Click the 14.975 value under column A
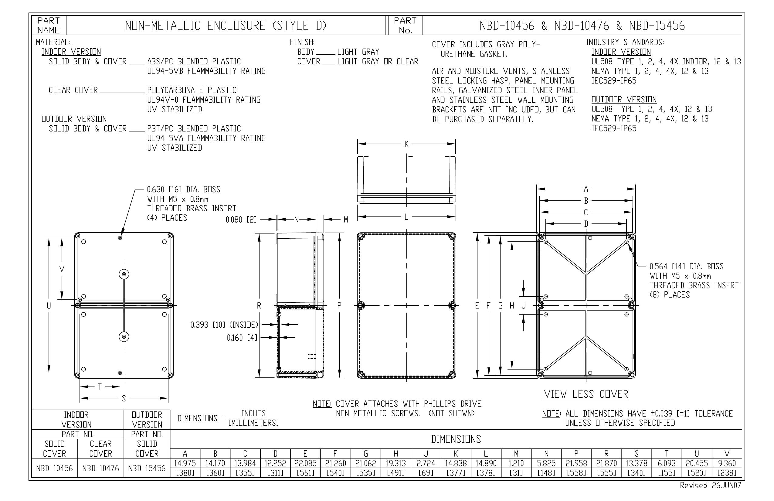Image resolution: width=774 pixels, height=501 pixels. [185, 463]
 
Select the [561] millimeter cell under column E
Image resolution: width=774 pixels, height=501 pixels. [305, 473]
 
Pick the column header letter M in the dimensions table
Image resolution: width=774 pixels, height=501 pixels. [516, 454]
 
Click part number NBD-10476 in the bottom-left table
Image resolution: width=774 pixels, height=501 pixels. [100, 469]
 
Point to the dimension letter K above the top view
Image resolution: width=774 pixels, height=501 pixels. [406, 144]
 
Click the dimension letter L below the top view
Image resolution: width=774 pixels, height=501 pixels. [406, 217]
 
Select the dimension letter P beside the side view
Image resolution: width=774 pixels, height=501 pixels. [339, 305]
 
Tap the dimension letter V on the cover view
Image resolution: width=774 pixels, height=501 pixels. [62, 269]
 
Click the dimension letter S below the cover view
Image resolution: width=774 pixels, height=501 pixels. [124, 398]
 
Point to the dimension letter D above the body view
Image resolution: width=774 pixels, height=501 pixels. [586, 224]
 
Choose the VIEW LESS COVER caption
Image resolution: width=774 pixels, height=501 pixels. [586, 394]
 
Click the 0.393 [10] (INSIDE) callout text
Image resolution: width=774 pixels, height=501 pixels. [224, 325]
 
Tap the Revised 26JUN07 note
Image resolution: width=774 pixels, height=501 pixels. [710, 486]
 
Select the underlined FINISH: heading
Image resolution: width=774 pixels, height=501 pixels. [302, 42]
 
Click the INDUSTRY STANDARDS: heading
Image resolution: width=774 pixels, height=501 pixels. [625, 42]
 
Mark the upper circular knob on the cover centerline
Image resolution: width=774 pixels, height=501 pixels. [124, 274]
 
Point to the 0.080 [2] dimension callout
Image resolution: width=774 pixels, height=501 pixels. [241, 220]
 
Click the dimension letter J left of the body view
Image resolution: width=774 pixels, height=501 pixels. [524, 306]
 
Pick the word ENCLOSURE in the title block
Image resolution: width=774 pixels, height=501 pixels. [236, 26]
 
